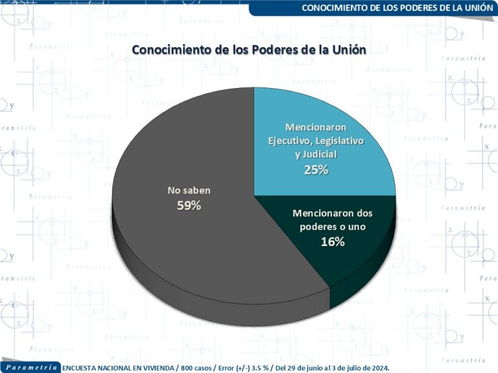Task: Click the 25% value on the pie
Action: [316, 170]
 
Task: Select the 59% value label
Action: [189, 205]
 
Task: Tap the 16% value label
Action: [332, 242]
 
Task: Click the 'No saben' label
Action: [189, 190]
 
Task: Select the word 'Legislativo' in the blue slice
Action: [340, 141]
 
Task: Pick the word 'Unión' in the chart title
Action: [349, 50]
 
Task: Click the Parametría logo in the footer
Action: [30, 367]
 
